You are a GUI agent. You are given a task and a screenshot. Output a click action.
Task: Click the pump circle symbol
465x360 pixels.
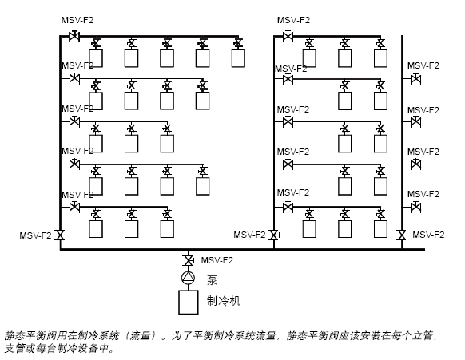coord(188,278)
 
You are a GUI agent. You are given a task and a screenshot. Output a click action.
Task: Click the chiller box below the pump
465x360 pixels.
coord(189,302)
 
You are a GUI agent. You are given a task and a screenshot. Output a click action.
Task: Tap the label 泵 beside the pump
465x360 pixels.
coord(212,280)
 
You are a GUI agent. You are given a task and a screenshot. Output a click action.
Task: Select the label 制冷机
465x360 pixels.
coord(223,301)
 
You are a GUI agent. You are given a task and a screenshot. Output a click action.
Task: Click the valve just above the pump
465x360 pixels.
coord(188,261)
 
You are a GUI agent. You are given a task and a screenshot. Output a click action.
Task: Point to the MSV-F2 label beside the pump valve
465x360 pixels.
coord(217,260)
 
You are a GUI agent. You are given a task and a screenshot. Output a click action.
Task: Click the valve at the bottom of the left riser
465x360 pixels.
coord(61,235)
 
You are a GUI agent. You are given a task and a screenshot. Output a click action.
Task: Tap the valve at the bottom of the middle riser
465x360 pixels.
coord(274,235)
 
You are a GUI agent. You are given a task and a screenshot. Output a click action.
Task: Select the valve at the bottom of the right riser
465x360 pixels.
coord(402,235)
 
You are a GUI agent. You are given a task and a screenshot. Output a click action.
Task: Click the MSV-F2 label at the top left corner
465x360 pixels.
coord(77,20)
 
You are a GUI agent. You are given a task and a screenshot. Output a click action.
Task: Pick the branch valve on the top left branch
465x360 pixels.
coord(74,36)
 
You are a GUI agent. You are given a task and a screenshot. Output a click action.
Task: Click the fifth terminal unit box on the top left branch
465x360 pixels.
coord(238,58)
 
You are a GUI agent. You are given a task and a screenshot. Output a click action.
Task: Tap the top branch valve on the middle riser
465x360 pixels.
coord(288,36)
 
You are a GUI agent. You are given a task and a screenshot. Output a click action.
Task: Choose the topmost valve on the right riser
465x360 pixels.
coord(416,79)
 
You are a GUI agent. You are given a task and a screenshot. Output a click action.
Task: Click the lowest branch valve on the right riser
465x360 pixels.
coord(416,207)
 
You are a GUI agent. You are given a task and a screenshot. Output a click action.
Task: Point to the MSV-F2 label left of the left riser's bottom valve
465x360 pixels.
coord(35,235)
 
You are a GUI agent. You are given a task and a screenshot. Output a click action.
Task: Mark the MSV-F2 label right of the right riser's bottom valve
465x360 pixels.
coord(428,235)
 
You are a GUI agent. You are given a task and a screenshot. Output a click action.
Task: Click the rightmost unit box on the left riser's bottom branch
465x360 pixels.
coord(167,229)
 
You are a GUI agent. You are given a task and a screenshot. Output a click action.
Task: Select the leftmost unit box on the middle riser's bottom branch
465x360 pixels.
coord(309,229)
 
